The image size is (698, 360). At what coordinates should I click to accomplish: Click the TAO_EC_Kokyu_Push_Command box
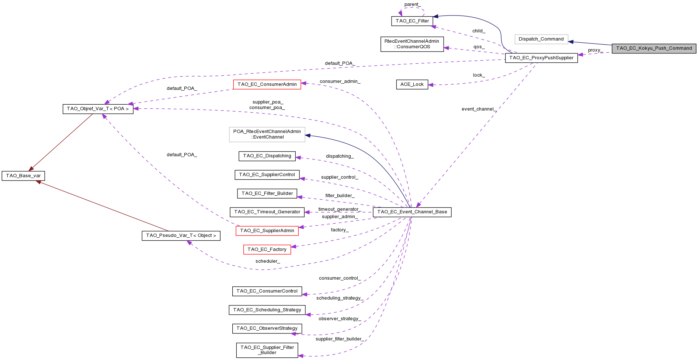tap(654, 48)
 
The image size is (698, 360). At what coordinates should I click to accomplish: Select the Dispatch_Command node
tap(541, 39)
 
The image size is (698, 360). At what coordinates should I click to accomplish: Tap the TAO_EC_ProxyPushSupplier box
tap(541, 58)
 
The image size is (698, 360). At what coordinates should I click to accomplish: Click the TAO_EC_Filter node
tap(412, 21)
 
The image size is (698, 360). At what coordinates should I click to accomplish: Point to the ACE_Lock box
tap(412, 84)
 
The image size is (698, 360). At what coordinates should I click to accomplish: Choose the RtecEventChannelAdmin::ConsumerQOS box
tap(412, 44)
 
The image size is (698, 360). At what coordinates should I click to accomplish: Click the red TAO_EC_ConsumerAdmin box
tap(267, 84)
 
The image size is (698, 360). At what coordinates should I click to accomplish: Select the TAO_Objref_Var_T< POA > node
tap(98, 109)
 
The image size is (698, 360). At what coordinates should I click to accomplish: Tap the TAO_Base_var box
tap(23, 176)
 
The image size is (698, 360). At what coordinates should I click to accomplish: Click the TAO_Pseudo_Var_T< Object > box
tap(181, 235)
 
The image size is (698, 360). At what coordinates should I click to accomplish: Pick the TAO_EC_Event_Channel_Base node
tap(412, 212)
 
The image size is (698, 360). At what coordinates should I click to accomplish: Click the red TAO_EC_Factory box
tap(267, 249)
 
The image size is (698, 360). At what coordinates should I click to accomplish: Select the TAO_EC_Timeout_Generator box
tap(267, 212)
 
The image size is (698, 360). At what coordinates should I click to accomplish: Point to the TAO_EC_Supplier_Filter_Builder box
tap(267, 350)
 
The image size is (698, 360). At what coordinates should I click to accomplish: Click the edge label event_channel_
tap(479, 109)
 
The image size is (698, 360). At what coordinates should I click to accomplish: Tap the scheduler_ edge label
tap(268, 261)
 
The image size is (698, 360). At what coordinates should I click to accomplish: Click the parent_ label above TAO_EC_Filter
tap(412, 4)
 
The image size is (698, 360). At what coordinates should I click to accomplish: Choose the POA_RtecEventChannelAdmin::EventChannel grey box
tap(267, 134)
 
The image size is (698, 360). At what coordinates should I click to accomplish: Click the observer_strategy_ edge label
tap(340, 319)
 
